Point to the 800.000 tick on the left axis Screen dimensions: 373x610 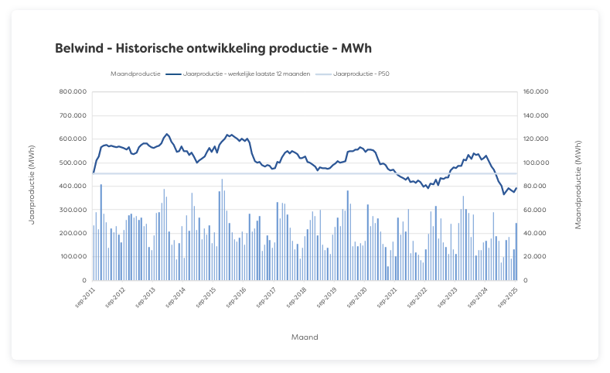73,92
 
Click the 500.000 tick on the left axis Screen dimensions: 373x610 73,163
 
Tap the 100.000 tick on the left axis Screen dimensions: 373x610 73,257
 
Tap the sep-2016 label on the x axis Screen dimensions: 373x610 236,298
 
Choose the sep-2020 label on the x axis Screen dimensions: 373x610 357,298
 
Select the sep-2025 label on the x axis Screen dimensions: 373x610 509,298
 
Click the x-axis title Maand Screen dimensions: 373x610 305,337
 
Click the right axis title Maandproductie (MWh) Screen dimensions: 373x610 578,185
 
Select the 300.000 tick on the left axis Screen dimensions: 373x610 73,210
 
